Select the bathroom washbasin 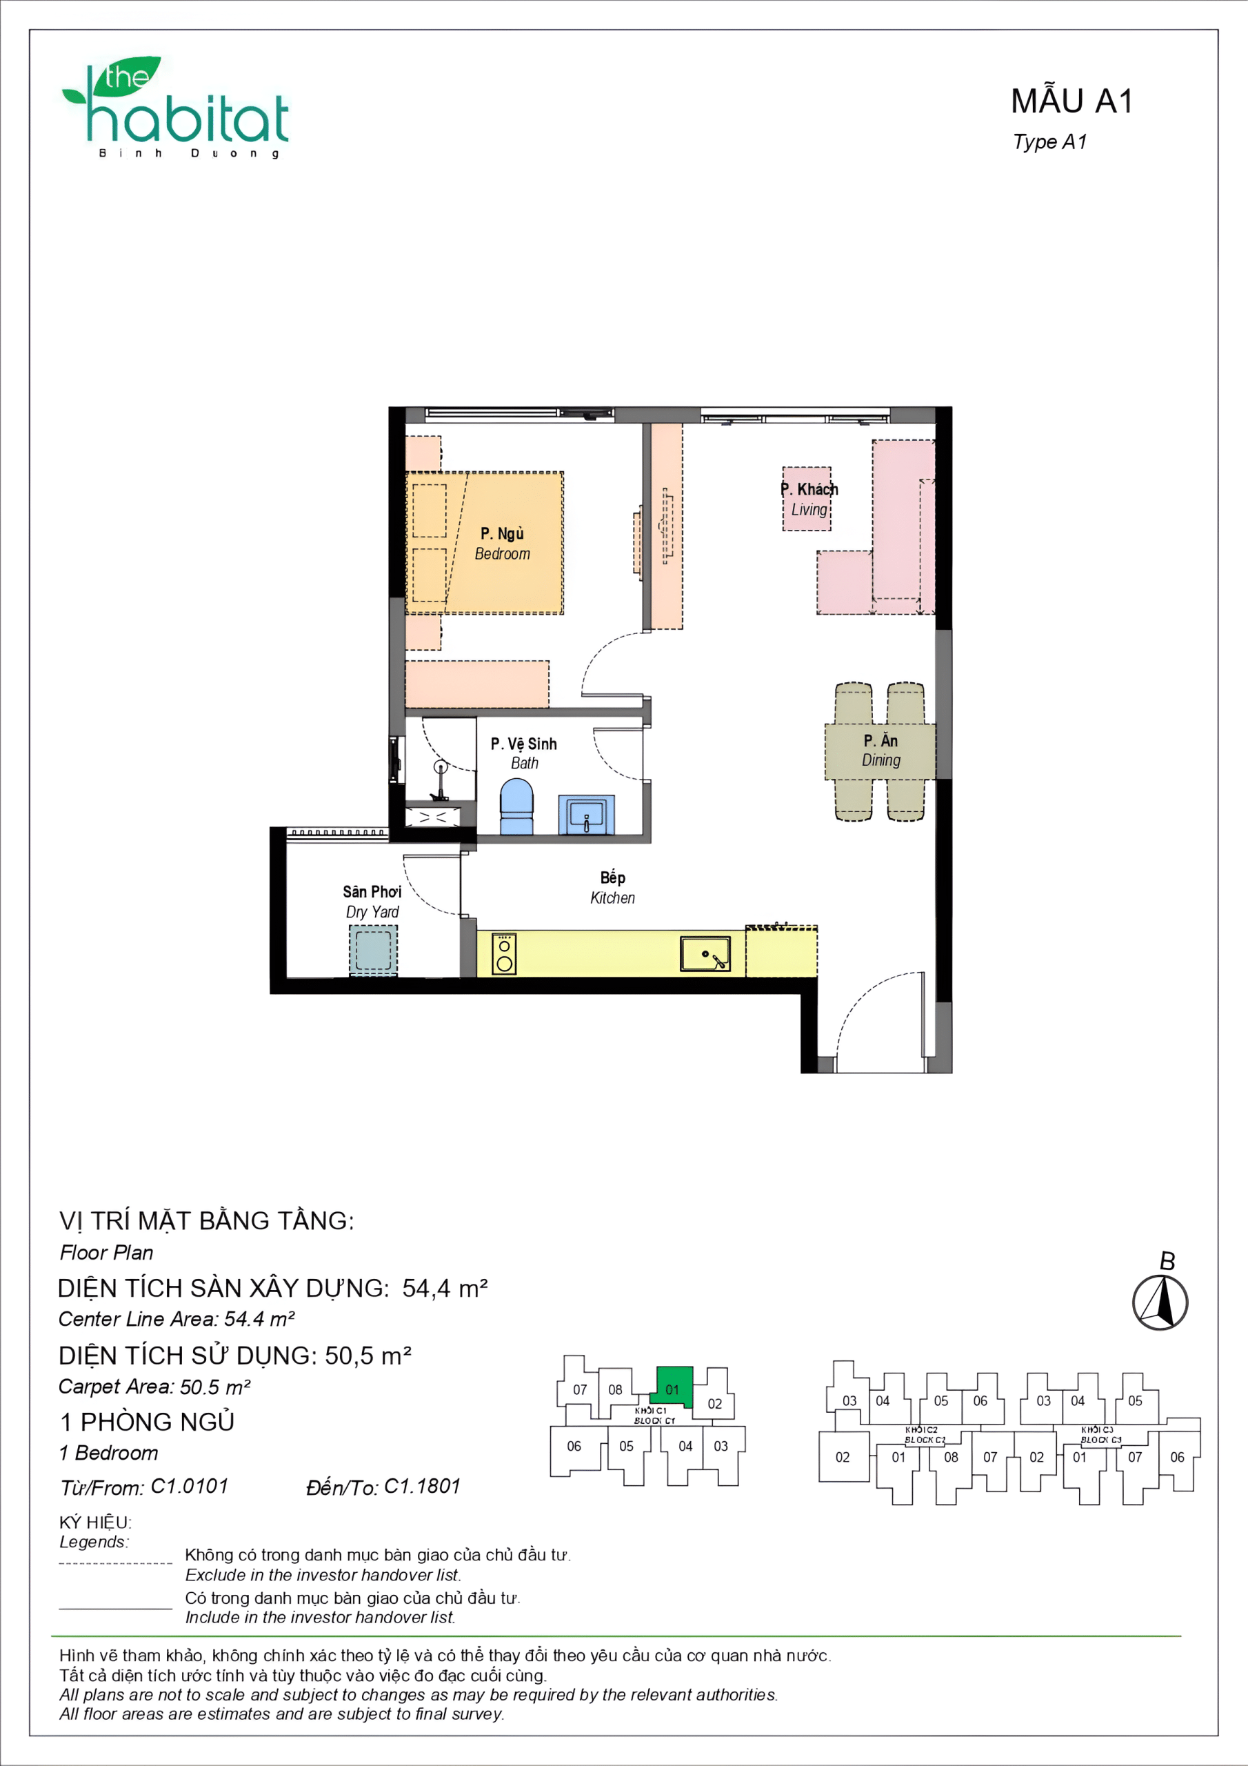tap(586, 815)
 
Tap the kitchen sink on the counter tap(705, 954)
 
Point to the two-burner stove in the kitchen tap(503, 954)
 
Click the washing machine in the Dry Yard tap(374, 950)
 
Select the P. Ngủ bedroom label tap(502, 543)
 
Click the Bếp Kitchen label tap(613, 887)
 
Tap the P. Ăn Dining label tap(881, 750)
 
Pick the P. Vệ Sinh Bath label tap(523, 753)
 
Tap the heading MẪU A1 tap(1071, 101)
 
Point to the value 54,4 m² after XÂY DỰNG tap(445, 1289)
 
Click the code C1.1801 tap(422, 1486)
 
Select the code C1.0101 tap(190, 1486)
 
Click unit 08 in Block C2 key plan tap(952, 1457)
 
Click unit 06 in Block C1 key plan tap(574, 1446)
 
